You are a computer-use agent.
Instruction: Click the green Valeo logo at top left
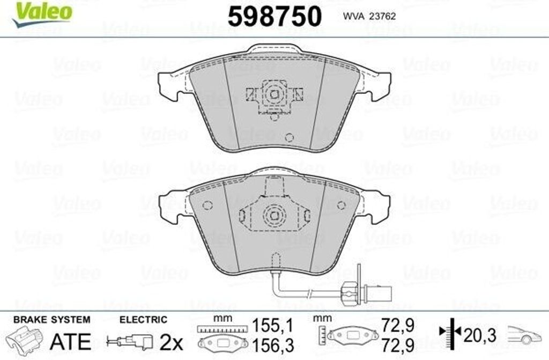coord(42,13)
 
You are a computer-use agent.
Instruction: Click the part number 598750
coord(274,17)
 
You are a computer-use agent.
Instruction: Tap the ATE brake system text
coord(70,341)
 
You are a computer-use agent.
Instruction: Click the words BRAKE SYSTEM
coord(52,319)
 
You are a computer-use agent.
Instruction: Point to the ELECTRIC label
coord(143,319)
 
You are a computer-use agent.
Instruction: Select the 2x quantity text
coord(171,342)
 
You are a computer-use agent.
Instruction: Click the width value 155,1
coord(272,326)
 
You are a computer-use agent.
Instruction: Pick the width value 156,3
coord(273,345)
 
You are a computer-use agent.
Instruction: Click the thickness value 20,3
coord(480,335)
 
